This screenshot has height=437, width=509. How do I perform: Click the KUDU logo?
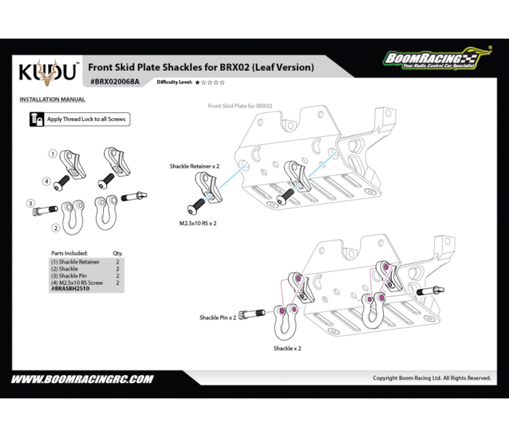click(x=47, y=72)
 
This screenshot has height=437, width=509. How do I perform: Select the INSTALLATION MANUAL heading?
click(x=52, y=99)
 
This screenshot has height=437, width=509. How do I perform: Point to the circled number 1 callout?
click(x=53, y=154)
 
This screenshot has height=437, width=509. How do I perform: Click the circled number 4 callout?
click(x=46, y=181)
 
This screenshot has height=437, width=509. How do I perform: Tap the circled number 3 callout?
click(x=30, y=203)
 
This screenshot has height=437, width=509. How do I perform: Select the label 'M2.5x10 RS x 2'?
click(x=198, y=224)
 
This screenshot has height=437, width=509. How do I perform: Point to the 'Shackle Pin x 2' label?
click(x=218, y=318)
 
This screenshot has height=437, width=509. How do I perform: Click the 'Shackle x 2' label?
click(x=287, y=348)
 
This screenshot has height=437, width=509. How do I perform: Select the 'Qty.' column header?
click(x=118, y=253)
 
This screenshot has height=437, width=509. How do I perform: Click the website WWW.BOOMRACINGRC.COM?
click(x=82, y=379)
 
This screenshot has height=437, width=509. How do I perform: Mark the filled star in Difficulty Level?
click(x=196, y=83)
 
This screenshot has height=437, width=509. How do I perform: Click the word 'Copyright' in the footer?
click(x=385, y=378)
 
